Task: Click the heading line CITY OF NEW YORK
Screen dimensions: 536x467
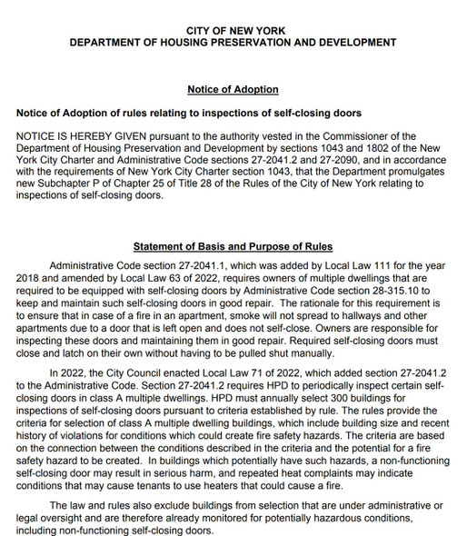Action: click(233, 30)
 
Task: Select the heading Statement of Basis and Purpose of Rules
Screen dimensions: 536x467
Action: click(233, 246)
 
